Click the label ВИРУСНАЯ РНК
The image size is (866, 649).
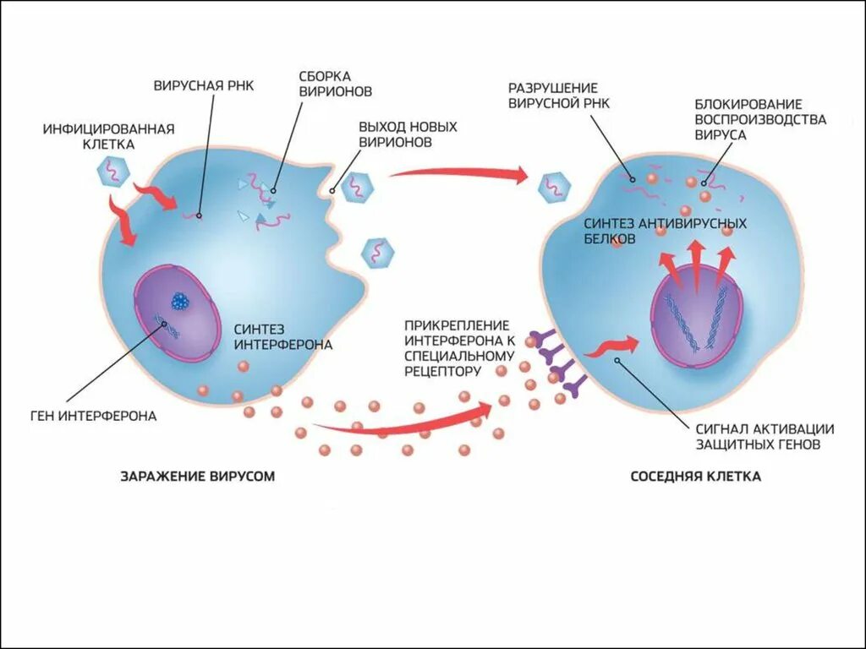[x=203, y=85]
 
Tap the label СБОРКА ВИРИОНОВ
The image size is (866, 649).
[x=335, y=84]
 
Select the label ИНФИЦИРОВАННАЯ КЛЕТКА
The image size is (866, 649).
[x=108, y=136]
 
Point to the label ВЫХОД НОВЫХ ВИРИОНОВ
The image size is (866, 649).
[x=408, y=134]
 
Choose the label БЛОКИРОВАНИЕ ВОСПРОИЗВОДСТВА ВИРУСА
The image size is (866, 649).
[x=760, y=119]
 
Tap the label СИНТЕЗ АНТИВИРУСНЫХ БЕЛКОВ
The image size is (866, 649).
[x=665, y=231]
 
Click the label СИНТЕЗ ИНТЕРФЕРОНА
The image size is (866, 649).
[x=282, y=336]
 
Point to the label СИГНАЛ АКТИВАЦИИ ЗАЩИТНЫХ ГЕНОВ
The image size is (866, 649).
[x=765, y=435]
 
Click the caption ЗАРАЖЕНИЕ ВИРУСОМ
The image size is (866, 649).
[x=198, y=477]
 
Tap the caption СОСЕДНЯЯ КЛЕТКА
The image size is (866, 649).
[x=695, y=477]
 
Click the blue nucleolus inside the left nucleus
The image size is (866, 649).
[x=180, y=300]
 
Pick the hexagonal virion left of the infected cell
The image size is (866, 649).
[x=112, y=172]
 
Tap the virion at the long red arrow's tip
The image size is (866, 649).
[x=555, y=185]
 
